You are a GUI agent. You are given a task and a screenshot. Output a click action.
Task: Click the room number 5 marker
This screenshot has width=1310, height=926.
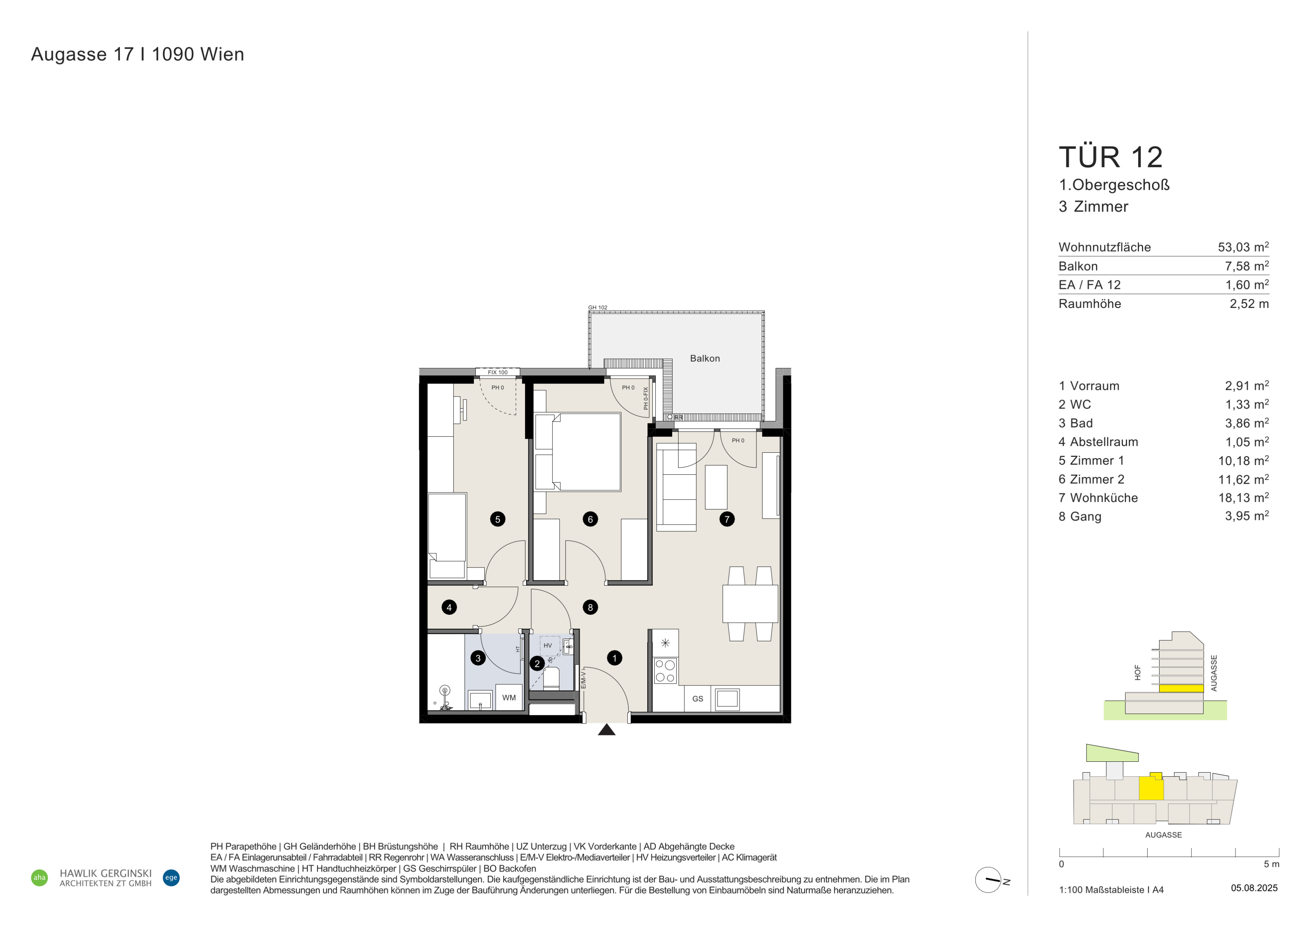(497, 519)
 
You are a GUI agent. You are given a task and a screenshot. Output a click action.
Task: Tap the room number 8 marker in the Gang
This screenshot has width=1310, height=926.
(591, 607)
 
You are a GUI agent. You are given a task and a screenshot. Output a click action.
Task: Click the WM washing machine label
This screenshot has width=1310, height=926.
(509, 697)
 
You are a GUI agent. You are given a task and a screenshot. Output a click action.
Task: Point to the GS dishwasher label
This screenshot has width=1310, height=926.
(698, 699)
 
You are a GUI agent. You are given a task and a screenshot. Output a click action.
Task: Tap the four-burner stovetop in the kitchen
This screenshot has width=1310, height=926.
(665, 671)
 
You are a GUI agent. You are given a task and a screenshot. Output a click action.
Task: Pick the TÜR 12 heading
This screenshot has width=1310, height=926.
(1110, 157)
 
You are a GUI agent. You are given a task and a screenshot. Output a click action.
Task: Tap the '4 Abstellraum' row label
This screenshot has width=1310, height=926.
(1098, 442)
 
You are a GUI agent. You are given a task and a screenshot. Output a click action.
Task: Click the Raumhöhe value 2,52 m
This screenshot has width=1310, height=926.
(1249, 304)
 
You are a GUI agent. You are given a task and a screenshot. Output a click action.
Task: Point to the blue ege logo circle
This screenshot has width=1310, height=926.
(171, 877)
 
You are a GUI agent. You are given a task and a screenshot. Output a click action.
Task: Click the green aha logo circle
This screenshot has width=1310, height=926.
(39, 877)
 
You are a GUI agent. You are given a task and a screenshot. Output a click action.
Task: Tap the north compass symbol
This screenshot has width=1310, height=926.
(989, 880)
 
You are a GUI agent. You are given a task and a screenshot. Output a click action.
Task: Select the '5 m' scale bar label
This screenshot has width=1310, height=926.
(1271, 864)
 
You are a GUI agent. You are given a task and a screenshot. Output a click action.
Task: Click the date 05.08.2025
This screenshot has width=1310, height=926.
(1254, 888)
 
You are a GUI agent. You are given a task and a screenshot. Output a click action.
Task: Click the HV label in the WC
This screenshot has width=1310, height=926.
(548, 645)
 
